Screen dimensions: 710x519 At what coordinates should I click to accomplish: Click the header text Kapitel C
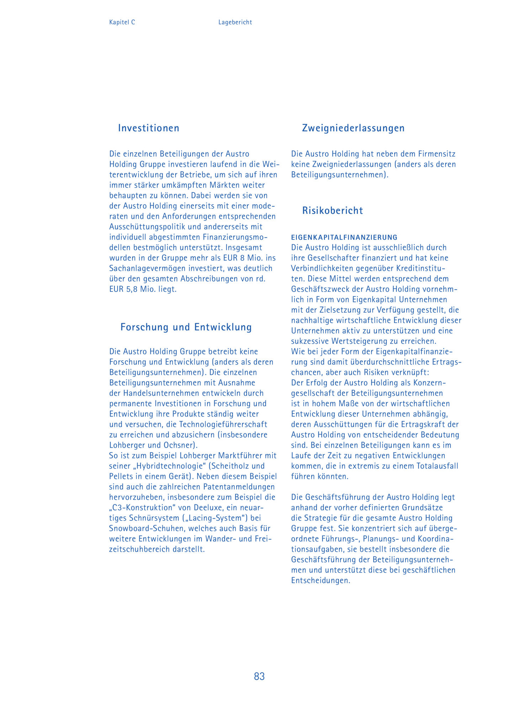click(122, 22)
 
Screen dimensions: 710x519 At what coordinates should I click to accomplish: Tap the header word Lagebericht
click(235, 22)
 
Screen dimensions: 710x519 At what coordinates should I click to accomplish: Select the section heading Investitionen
click(148, 128)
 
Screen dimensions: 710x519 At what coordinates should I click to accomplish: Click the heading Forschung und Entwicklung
click(186, 327)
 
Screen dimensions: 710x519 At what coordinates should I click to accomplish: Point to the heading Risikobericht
click(333, 211)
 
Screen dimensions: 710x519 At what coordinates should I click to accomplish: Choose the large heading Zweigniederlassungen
click(353, 128)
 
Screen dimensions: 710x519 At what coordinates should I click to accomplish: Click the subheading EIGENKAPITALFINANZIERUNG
click(344, 237)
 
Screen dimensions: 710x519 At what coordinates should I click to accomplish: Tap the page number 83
click(259, 676)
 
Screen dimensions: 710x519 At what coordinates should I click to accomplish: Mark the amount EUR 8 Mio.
click(243, 258)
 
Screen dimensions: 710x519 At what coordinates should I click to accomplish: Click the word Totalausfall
click(437, 466)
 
